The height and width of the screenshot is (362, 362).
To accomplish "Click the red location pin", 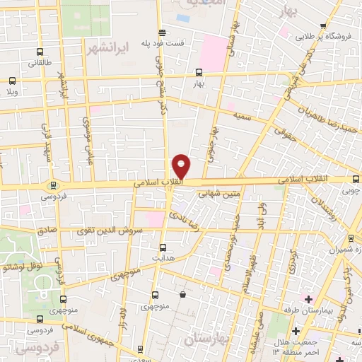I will pyautogui.click(x=182, y=166).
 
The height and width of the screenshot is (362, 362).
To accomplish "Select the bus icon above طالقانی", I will pyautogui.click(x=38, y=52).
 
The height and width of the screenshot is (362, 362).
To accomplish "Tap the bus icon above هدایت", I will pyautogui.click(x=163, y=247).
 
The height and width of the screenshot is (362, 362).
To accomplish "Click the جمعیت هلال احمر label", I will pyautogui.click(x=292, y=346).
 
